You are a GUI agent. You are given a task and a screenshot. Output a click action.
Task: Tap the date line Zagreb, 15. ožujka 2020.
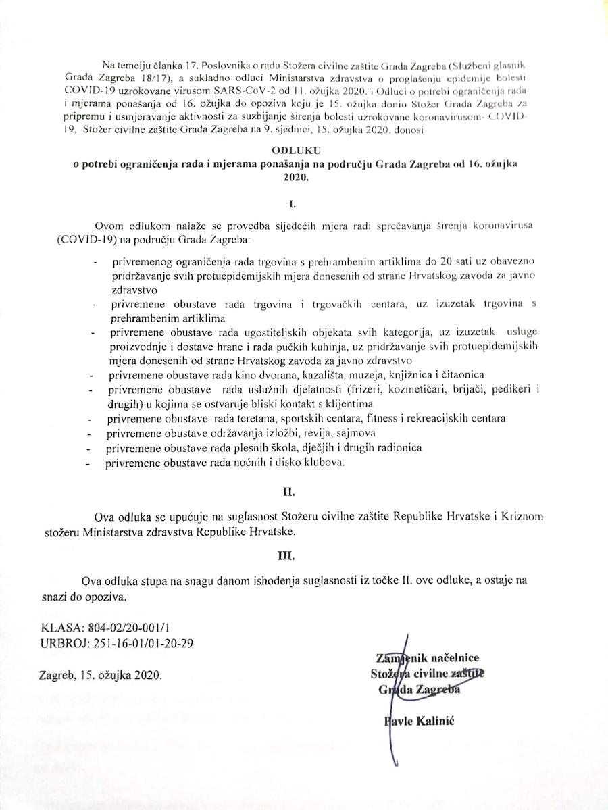101,675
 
